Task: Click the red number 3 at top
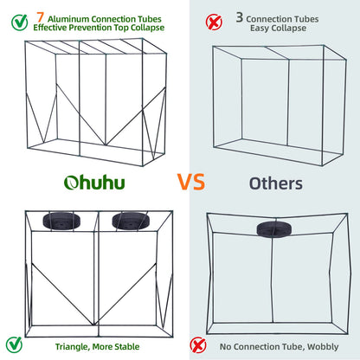click(239, 16)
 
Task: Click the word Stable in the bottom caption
click(125, 345)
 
